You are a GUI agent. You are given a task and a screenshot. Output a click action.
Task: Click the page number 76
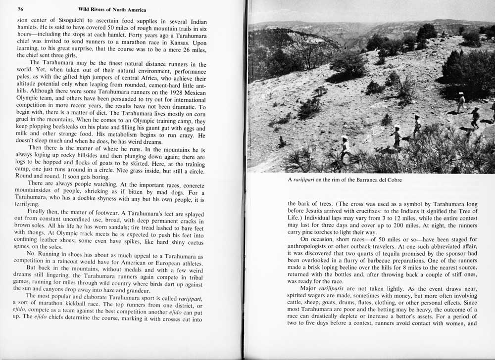(x=21, y=9)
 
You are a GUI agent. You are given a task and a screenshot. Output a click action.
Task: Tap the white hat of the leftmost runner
(x=345, y=138)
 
